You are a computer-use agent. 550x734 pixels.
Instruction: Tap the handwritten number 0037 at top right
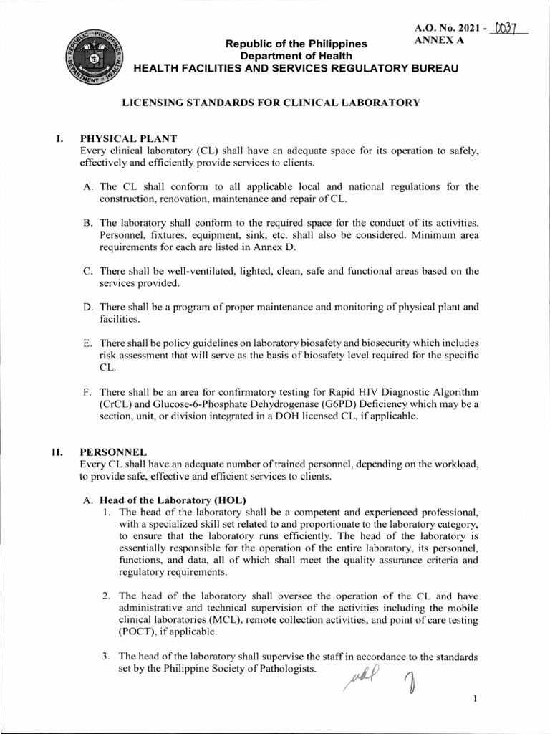506,29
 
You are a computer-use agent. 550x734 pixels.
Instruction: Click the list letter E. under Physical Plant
87,343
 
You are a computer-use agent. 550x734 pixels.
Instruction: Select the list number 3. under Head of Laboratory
105,657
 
